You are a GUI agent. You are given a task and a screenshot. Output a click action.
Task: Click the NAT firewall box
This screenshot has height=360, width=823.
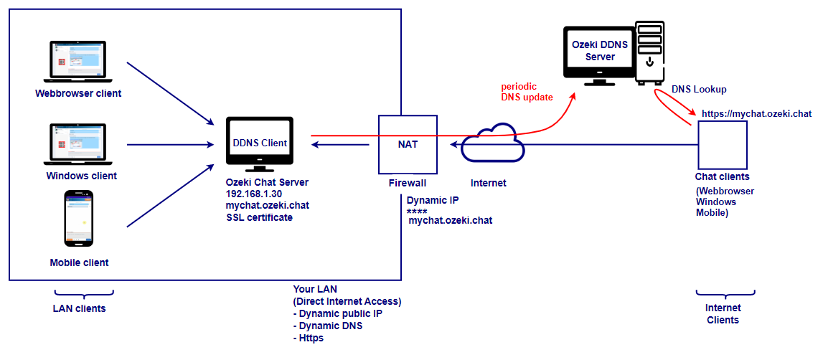click(x=408, y=143)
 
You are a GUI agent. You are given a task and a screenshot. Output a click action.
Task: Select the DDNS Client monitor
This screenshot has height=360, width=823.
click(x=259, y=143)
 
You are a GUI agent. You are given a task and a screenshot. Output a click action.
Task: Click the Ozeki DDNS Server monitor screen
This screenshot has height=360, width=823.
click(x=599, y=52)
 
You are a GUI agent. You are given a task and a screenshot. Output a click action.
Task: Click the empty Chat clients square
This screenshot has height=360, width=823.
click(x=722, y=143)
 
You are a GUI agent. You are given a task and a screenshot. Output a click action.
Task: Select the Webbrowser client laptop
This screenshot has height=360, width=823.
click(x=77, y=62)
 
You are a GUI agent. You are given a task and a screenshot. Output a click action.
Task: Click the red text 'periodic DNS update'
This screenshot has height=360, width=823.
click(x=527, y=92)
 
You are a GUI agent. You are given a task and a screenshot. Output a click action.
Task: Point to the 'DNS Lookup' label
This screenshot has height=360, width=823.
click(x=699, y=90)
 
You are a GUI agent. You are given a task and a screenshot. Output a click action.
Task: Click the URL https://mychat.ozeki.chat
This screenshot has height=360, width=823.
click(x=756, y=113)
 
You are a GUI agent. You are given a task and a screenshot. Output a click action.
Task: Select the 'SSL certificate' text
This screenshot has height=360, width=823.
click(x=259, y=217)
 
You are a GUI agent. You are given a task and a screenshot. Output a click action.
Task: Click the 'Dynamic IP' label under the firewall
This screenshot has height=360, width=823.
click(x=433, y=201)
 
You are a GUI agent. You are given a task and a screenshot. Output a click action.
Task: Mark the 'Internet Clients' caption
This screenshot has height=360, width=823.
click(x=723, y=314)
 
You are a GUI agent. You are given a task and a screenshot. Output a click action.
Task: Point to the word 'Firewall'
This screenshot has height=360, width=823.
click(x=407, y=183)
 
